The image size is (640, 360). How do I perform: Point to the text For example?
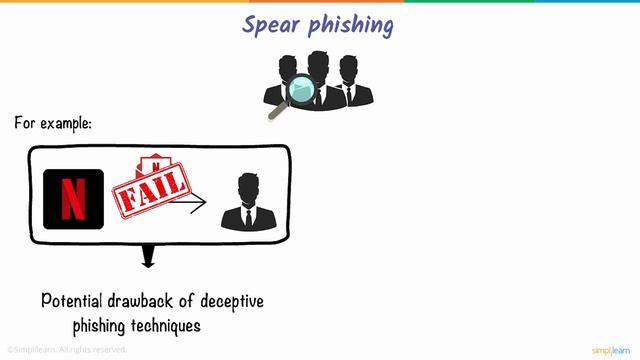(53, 124)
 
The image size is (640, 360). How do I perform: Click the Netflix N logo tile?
(73, 198)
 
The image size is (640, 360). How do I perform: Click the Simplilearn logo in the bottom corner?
(611, 349)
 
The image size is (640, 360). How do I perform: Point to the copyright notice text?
(68, 349)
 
